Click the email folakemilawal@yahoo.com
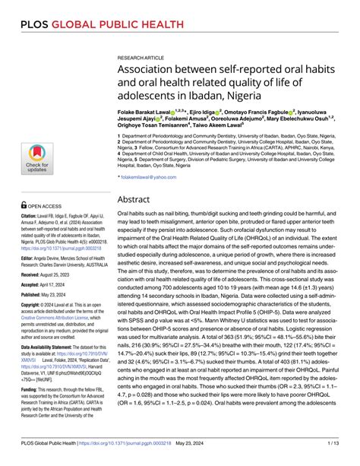click(x=153, y=176)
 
